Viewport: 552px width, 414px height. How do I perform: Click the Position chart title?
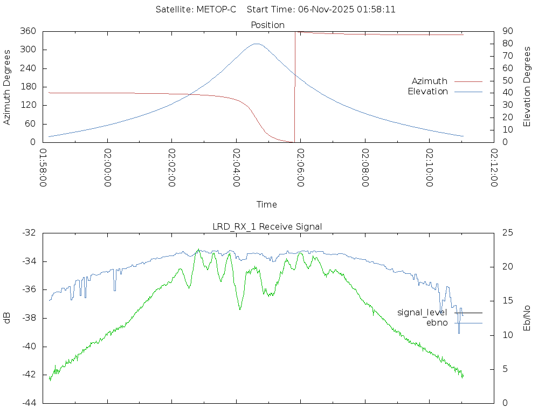tap(267, 25)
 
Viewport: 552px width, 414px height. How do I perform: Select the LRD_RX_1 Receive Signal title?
tap(267, 226)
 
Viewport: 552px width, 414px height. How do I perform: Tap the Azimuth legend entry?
tap(430, 81)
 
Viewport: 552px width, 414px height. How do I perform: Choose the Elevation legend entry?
tap(427, 92)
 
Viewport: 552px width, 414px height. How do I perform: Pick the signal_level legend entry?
tap(422, 313)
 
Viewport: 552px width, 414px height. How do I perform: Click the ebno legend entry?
tap(437, 323)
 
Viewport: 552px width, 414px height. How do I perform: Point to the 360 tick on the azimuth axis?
tap(28, 31)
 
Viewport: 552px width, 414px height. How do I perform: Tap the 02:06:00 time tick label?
tap(300, 168)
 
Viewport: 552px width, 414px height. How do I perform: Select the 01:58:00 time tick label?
tap(43, 168)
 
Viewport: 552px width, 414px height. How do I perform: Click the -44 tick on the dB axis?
tap(29, 403)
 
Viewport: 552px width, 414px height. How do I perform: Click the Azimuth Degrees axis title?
tap(8, 87)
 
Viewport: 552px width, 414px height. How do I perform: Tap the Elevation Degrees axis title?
tap(527, 87)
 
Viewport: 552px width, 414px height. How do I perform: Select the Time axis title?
tap(267, 204)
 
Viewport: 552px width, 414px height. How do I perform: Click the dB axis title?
tap(8, 318)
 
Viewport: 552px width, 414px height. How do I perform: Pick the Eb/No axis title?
tap(527, 318)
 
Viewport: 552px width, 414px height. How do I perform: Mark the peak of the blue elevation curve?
tap(257, 44)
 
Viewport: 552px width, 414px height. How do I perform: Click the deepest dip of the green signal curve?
tap(240, 309)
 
